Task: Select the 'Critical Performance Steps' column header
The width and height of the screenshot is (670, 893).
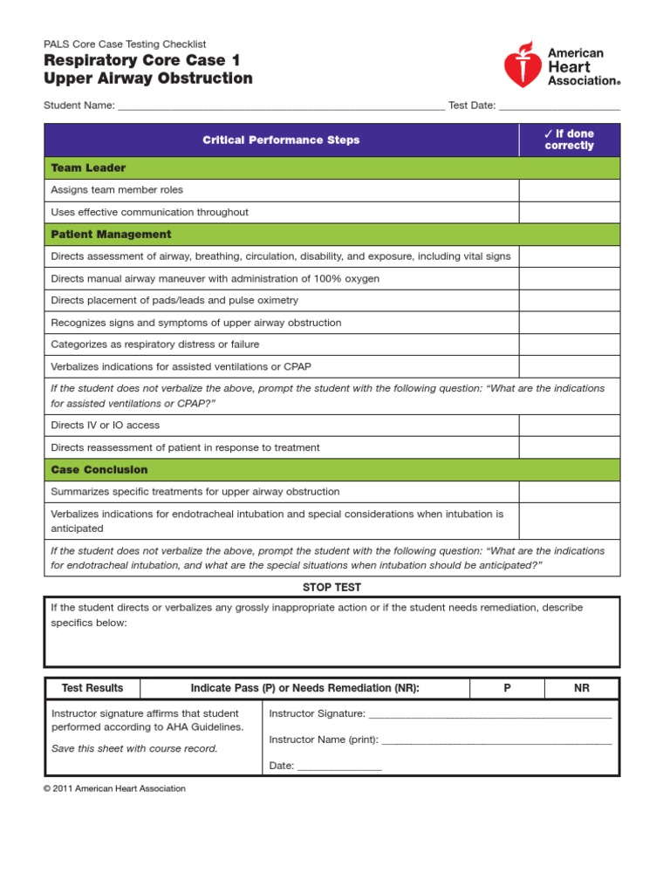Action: click(x=281, y=140)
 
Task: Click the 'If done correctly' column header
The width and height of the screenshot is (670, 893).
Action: click(x=569, y=140)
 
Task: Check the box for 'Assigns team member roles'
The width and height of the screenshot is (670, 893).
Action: click(x=570, y=190)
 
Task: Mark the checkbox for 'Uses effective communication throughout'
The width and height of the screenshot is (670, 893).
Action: click(x=570, y=212)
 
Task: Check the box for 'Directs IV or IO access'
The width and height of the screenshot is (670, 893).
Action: click(x=570, y=426)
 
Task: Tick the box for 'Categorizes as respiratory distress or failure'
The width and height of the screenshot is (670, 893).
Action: click(x=570, y=344)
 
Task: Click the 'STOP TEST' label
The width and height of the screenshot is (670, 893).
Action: click(x=332, y=588)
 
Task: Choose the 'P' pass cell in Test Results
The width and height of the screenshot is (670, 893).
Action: click(x=507, y=688)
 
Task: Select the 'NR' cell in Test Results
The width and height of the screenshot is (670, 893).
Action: click(x=582, y=688)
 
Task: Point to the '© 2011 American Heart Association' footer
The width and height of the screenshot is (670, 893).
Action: click(x=115, y=788)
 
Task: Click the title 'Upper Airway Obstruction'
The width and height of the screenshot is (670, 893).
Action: click(x=148, y=78)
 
